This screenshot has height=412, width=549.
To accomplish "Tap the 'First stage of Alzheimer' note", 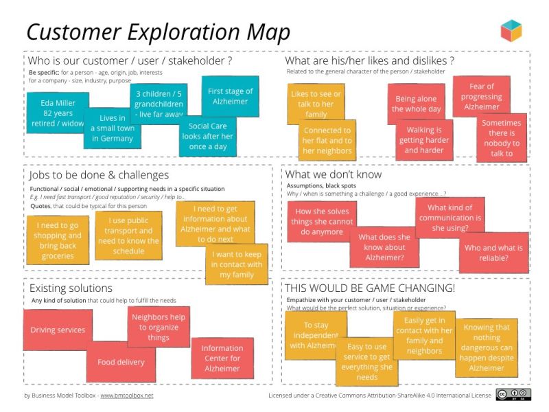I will pos(230,96).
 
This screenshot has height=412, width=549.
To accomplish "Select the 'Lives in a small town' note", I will pos(112,128).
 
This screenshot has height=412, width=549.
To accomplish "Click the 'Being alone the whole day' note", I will pos(417,104).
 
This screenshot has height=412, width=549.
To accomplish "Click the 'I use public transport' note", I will pos(128,236).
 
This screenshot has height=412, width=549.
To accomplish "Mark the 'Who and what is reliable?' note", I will pos(493,253).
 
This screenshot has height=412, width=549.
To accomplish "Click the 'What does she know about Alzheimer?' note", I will pos(384,248).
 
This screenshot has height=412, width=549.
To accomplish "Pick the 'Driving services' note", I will pos(58,330).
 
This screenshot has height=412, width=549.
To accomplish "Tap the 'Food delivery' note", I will pos(121,362).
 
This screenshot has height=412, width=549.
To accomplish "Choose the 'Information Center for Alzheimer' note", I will pos(222,358).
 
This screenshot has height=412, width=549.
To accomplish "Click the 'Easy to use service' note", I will pos(367,362).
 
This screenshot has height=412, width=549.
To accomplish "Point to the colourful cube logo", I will pos(511,31).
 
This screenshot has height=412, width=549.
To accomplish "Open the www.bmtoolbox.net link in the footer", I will pos(126,396).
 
